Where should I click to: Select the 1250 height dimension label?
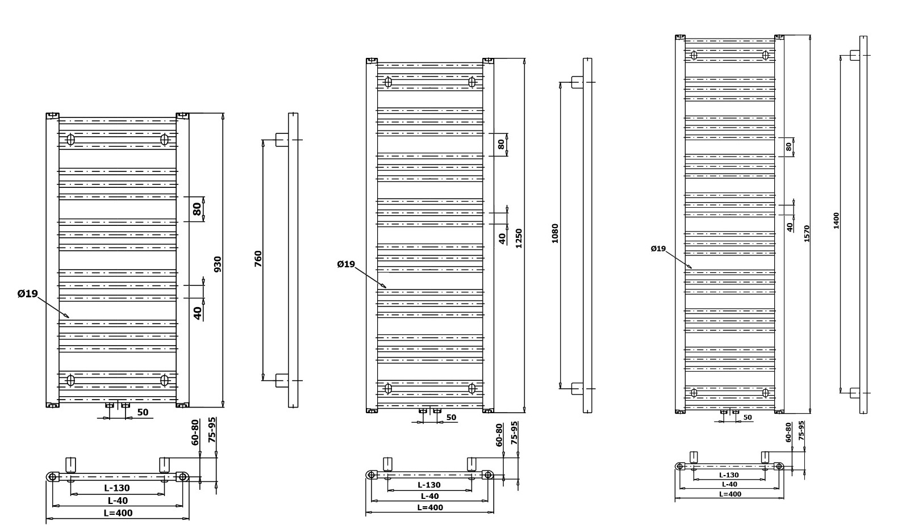(x=519, y=238)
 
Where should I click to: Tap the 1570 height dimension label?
(x=807, y=233)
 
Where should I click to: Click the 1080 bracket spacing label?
(x=555, y=233)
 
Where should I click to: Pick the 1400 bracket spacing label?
(x=836, y=221)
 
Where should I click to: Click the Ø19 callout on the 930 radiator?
(x=27, y=293)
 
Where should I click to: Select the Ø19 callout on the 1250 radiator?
(x=345, y=264)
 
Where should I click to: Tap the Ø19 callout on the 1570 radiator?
(x=658, y=249)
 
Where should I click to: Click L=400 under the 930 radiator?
(x=118, y=513)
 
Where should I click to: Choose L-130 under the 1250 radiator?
(x=429, y=485)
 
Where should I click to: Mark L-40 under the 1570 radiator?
(x=729, y=484)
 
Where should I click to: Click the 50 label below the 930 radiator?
(x=143, y=412)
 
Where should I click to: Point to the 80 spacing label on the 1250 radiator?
(x=501, y=144)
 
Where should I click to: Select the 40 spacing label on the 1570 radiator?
(x=790, y=227)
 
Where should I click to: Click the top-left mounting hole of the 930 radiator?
(x=71, y=139)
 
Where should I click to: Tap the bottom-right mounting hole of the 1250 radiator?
(x=472, y=388)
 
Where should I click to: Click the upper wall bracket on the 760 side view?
(x=282, y=140)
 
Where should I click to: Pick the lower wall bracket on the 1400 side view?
(x=854, y=392)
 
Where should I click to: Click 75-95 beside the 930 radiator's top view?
(x=212, y=430)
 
